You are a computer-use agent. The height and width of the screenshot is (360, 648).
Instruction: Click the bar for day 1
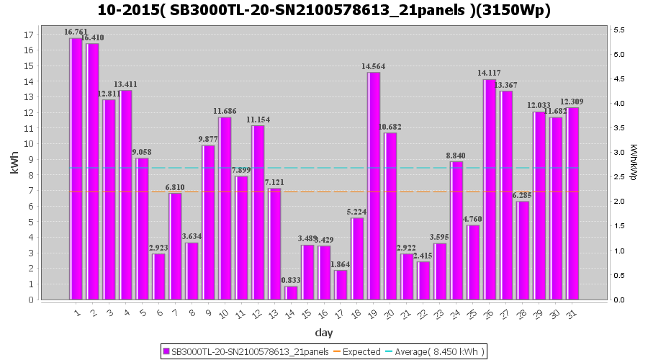point(76,169)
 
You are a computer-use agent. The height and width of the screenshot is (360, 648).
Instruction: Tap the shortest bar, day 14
point(291,293)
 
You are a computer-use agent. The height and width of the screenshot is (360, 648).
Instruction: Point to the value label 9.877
point(209,140)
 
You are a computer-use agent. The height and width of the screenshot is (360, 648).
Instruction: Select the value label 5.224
point(358,212)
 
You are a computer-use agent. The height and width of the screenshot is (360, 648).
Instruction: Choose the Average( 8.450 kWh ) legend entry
point(444,351)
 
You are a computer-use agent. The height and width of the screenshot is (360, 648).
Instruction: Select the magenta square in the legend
point(166,351)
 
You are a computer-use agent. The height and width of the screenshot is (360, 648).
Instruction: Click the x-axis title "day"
point(323,332)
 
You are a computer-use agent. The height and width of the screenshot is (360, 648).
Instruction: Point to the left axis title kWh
point(15,165)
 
